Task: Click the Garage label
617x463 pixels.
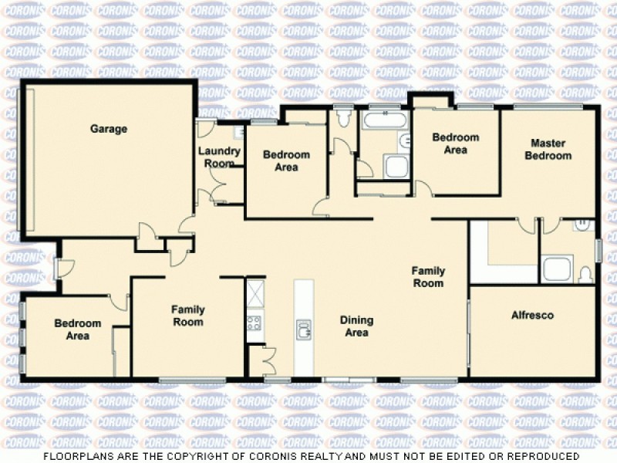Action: point(108,129)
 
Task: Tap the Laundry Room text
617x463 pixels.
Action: point(220,157)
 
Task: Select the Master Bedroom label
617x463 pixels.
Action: point(548,149)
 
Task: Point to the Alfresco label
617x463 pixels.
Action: point(533,315)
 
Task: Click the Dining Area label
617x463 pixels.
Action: point(356,326)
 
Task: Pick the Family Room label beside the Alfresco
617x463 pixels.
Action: point(427,277)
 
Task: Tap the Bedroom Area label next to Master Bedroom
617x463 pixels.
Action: point(455,144)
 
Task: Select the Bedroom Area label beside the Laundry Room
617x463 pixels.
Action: point(286,161)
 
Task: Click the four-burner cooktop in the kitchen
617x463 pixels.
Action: point(255,323)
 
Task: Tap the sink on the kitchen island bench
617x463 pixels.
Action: point(303,330)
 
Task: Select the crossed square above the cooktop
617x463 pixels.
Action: point(255,293)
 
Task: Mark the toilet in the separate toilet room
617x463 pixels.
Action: point(344,118)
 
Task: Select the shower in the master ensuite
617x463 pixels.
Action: point(556,269)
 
